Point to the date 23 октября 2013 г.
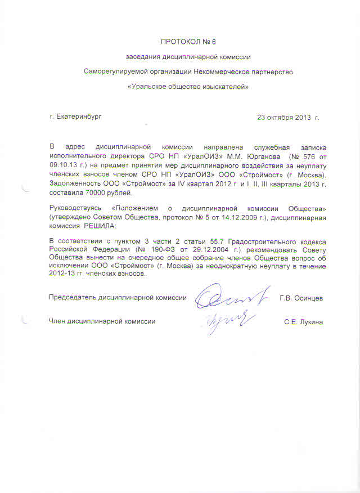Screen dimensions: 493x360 tap(288, 118)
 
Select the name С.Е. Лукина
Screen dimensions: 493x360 tap(304, 321)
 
